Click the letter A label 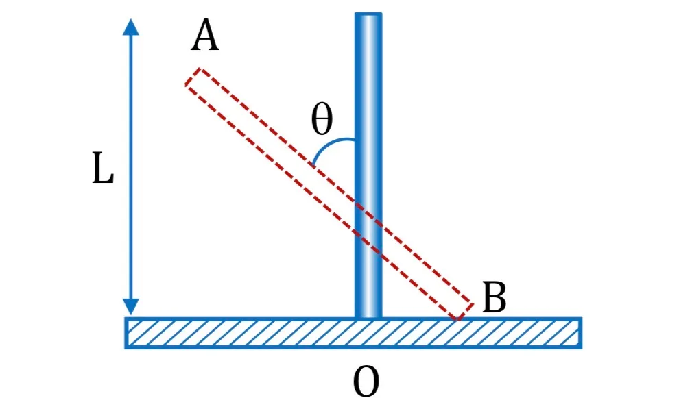point(205,37)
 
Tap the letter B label point(494,297)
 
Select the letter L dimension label point(103,169)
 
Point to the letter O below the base point(366,382)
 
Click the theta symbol point(322,119)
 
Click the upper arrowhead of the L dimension point(131,27)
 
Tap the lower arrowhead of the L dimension point(131,307)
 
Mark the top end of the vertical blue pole point(368,14)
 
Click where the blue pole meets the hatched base point(368,318)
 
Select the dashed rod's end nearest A point(193,77)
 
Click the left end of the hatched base point(126,333)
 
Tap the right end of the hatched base point(581,333)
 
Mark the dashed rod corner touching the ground point(457,319)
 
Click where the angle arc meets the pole point(355,139)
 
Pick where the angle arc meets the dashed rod point(313,165)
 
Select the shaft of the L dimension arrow point(131,167)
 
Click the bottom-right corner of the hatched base point(582,348)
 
